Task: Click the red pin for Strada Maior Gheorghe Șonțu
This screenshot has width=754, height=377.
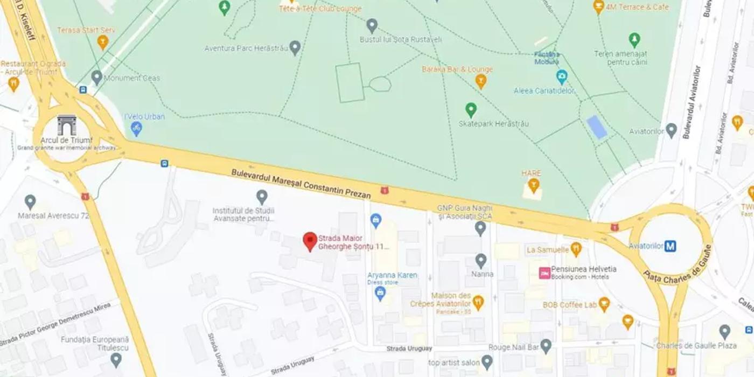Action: pyautogui.click(x=310, y=241)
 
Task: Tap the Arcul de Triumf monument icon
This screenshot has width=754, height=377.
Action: pyautogui.click(x=67, y=125)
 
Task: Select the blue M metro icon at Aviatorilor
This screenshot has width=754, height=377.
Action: pyautogui.click(x=670, y=246)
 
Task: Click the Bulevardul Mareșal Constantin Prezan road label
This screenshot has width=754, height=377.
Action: pyautogui.click(x=301, y=184)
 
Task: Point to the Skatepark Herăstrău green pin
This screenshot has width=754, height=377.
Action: pyautogui.click(x=471, y=110)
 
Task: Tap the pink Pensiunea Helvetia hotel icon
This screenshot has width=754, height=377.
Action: pyautogui.click(x=544, y=273)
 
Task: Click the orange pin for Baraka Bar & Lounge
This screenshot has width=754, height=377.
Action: pyautogui.click(x=481, y=81)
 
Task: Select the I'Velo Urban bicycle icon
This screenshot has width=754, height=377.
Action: pyautogui.click(x=136, y=128)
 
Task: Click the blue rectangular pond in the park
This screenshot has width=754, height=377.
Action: pyautogui.click(x=597, y=127)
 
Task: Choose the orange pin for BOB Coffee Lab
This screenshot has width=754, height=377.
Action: pyautogui.click(x=604, y=305)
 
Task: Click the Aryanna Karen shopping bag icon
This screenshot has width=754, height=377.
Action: pyautogui.click(x=380, y=294)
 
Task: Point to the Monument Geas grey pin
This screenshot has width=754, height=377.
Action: pyautogui.click(x=97, y=78)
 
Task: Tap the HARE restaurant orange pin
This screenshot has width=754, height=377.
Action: pyautogui.click(x=533, y=186)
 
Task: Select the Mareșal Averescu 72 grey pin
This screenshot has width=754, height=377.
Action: pyautogui.click(x=30, y=202)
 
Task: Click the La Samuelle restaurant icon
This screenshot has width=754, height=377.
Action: pyautogui.click(x=576, y=249)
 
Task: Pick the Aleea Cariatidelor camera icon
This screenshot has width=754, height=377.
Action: pyautogui.click(x=562, y=76)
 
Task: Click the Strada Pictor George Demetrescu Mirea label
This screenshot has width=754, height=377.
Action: pyautogui.click(x=56, y=324)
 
